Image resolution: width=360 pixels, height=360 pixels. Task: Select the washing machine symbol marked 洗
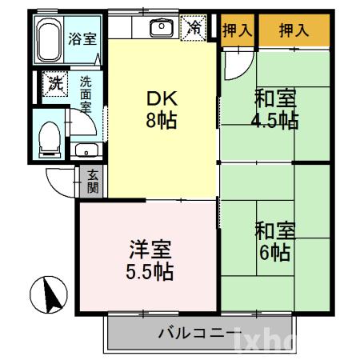tap(54, 83)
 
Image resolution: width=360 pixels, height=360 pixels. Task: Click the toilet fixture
tap(49, 135)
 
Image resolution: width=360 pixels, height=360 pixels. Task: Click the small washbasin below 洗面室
tap(85, 150)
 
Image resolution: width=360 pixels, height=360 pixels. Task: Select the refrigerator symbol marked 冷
tap(194, 27)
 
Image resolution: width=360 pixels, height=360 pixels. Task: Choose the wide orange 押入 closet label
tap(293, 30)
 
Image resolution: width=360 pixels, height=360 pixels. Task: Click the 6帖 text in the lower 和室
tap(274, 254)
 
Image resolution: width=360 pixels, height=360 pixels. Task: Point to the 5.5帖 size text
tap(149, 272)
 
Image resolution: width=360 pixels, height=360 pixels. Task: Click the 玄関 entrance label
tap(93, 182)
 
